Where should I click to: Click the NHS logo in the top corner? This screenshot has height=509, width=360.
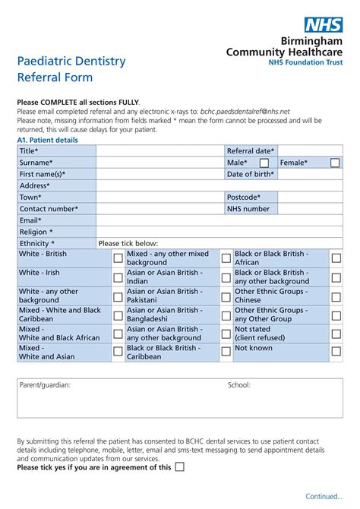323,26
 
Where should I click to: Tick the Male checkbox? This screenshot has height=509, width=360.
264,163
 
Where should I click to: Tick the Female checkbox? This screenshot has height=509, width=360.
335,163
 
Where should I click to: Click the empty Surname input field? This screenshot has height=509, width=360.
160,163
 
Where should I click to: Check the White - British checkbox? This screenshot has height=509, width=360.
118,258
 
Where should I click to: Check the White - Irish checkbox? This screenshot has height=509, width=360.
118,277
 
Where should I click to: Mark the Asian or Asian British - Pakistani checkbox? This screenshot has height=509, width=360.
226,296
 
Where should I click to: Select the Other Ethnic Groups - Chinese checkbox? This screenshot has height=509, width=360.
335,296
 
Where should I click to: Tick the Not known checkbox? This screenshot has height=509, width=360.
335,352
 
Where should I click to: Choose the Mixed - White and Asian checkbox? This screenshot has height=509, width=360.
118,352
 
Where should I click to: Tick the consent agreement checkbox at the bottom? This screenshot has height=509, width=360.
179,467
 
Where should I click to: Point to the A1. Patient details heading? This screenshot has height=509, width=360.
47,141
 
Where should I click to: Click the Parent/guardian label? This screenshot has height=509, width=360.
45,385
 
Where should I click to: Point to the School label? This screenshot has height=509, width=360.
238,385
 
